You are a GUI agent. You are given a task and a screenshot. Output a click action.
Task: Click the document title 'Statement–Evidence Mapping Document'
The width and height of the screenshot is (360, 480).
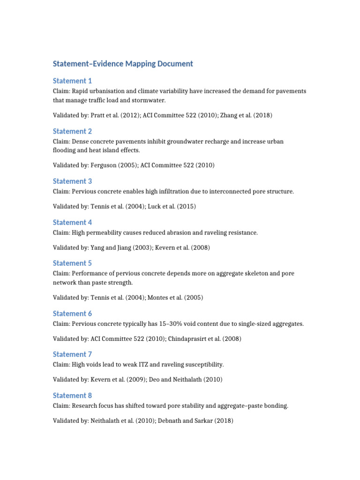(123, 64)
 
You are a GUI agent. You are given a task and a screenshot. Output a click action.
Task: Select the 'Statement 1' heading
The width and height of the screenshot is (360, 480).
(72, 81)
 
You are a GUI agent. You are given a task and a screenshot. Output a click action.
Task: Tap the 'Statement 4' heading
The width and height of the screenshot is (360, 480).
(72, 222)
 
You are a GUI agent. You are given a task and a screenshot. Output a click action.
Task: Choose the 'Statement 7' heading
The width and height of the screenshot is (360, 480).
(72, 354)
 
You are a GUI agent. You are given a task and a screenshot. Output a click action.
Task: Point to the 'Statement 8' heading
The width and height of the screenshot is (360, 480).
(72, 395)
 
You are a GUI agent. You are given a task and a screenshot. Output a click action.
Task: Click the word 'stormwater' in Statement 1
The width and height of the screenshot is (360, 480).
(150, 100)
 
